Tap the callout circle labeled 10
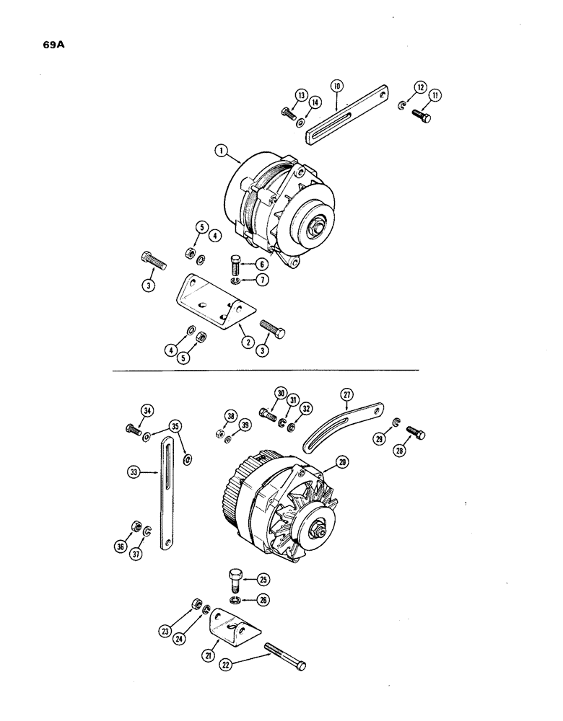[336, 86]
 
